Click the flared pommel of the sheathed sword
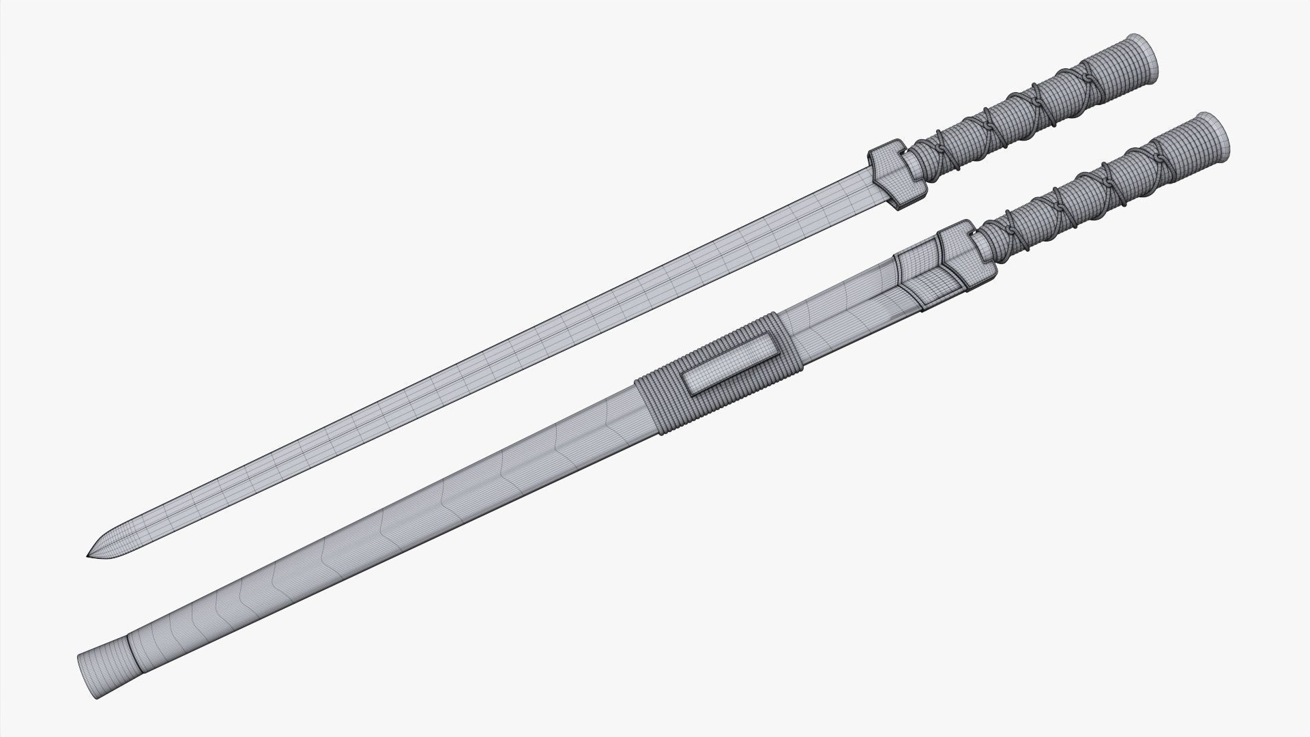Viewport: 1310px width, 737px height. (x=1213, y=130)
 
